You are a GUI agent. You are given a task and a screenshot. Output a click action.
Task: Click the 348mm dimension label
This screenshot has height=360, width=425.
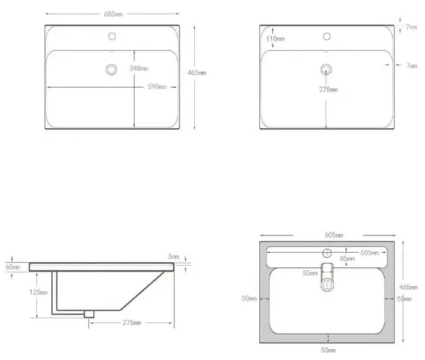[139, 68]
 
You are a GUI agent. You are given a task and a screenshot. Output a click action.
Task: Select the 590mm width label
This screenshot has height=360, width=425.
[157, 87]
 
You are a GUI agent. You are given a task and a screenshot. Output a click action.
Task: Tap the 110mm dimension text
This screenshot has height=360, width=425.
[275, 38]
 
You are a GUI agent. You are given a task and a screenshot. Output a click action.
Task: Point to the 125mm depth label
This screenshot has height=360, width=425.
[38, 292]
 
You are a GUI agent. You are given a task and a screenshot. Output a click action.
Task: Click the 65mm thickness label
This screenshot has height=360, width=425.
[13, 267]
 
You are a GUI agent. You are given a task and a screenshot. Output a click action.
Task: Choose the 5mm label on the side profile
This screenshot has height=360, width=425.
[174, 256]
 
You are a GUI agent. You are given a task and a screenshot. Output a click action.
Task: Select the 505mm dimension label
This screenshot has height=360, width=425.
[369, 253]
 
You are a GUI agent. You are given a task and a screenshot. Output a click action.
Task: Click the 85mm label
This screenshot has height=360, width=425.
[348, 259]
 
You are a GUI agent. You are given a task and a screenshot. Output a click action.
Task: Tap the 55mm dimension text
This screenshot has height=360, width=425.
[310, 272]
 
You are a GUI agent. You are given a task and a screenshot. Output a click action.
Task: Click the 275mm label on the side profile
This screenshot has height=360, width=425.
[132, 322]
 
